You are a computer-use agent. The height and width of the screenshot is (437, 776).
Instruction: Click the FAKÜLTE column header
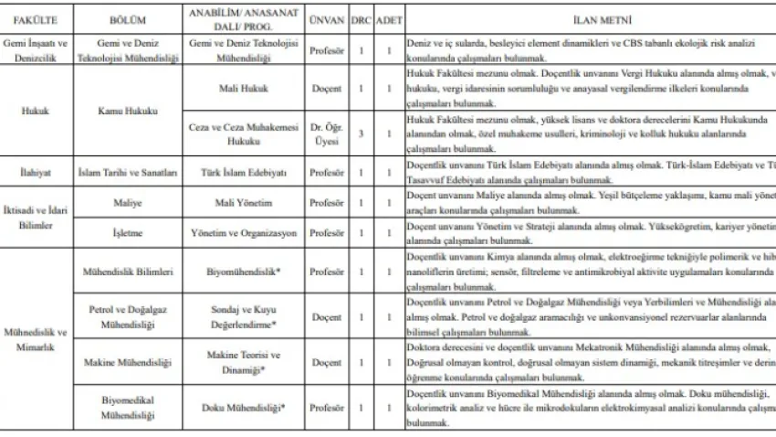click(x=35, y=19)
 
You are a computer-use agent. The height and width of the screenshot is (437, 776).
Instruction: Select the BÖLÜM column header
click(x=127, y=19)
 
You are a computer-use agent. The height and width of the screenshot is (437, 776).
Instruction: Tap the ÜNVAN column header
click(x=326, y=19)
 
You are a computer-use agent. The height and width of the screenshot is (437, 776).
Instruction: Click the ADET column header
click(x=388, y=19)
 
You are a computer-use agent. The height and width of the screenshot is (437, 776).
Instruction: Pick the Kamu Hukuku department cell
click(x=127, y=111)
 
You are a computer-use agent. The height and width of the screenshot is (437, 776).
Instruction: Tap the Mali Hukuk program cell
click(x=242, y=89)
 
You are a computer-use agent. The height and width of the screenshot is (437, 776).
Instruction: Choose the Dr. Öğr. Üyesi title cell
click(x=326, y=133)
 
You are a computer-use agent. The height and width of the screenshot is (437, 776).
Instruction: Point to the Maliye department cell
click(x=127, y=203)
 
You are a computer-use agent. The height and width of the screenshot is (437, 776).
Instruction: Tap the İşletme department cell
click(x=127, y=233)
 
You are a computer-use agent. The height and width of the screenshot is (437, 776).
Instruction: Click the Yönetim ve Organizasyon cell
click(x=242, y=233)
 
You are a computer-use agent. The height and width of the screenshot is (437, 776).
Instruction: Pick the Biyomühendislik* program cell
click(x=242, y=272)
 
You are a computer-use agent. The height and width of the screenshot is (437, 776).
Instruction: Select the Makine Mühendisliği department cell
click(x=127, y=362)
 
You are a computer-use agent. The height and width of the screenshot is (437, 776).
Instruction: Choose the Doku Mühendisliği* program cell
click(x=242, y=407)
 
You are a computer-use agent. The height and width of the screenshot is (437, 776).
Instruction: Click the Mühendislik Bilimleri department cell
click(x=127, y=272)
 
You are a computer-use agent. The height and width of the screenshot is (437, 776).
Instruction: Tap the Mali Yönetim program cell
click(x=242, y=203)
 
